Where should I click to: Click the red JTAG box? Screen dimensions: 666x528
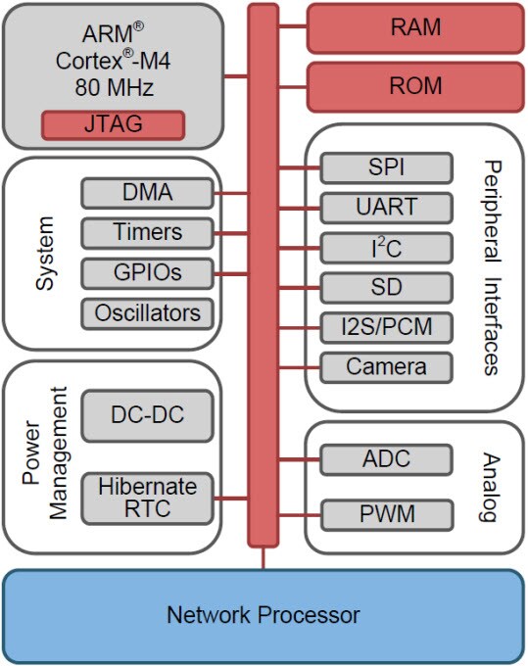112,125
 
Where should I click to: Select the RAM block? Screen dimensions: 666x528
415,27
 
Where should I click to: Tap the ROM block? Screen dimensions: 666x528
415,87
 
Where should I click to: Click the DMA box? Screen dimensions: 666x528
146,193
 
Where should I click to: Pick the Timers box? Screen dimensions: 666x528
146,233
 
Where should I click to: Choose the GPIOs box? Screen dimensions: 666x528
146,272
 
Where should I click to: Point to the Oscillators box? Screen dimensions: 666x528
146,313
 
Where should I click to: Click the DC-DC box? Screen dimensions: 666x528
146,416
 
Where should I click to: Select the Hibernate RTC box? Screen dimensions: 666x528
146,497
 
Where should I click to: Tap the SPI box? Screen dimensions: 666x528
386,167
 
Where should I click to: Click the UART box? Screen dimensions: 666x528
386,208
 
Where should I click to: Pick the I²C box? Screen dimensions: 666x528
386,248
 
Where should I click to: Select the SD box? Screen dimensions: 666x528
386,288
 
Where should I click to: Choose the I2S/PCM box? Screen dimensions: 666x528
386,327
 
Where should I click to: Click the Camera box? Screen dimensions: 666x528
386,367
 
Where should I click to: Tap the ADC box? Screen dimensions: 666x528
386,458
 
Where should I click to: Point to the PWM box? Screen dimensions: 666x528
386,513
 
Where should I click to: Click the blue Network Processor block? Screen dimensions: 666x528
263,616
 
